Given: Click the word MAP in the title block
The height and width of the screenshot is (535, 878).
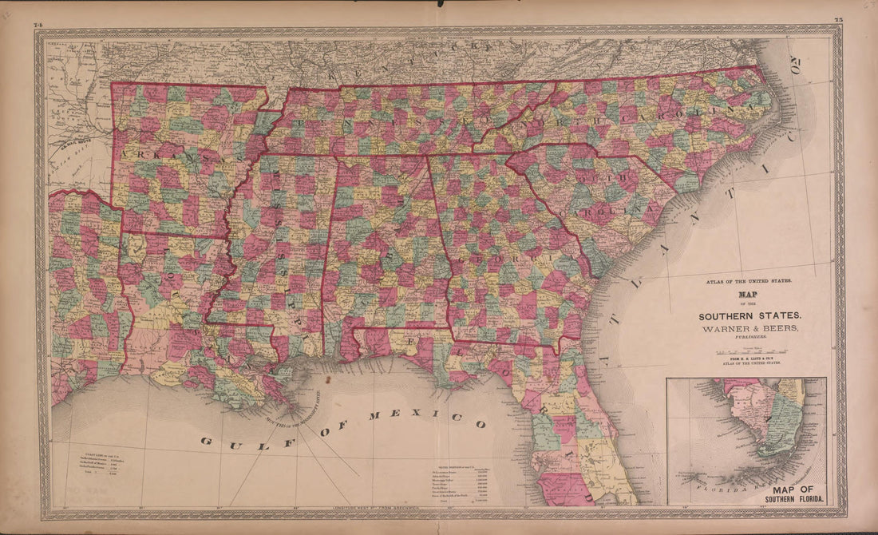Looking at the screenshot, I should pos(750,293).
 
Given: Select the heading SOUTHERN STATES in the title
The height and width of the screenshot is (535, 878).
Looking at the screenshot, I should pos(750,315).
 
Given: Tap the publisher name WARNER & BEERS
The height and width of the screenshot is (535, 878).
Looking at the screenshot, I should pos(750,328).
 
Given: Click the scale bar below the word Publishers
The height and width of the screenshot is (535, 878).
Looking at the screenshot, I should pos(750,351).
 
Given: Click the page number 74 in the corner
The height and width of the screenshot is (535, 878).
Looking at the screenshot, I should pos(38,25).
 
